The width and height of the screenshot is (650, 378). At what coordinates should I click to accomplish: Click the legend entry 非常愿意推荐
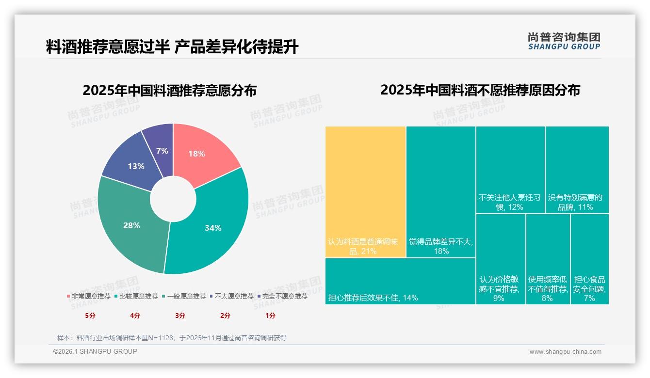[88, 296]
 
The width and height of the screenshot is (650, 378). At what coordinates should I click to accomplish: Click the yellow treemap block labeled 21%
[365, 191]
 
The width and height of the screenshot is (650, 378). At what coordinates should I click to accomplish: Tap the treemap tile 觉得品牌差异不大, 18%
[440, 191]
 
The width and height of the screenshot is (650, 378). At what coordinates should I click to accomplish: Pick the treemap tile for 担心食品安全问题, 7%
[589, 259]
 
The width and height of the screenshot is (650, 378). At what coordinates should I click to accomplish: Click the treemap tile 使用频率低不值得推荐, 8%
[548, 259]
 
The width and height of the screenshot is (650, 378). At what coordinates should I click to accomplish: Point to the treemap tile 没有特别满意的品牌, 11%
[577, 170]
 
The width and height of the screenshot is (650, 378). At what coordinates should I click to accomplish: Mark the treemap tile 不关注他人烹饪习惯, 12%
[510, 170]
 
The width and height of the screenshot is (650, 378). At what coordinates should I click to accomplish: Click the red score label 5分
[90, 315]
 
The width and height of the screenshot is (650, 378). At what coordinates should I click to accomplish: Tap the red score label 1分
[270, 315]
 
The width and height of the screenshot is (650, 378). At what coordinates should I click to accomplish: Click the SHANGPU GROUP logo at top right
[564, 41]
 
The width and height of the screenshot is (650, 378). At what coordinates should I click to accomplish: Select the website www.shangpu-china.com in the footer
[565, 352]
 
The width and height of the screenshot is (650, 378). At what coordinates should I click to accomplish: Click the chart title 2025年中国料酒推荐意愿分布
[169, 91]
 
